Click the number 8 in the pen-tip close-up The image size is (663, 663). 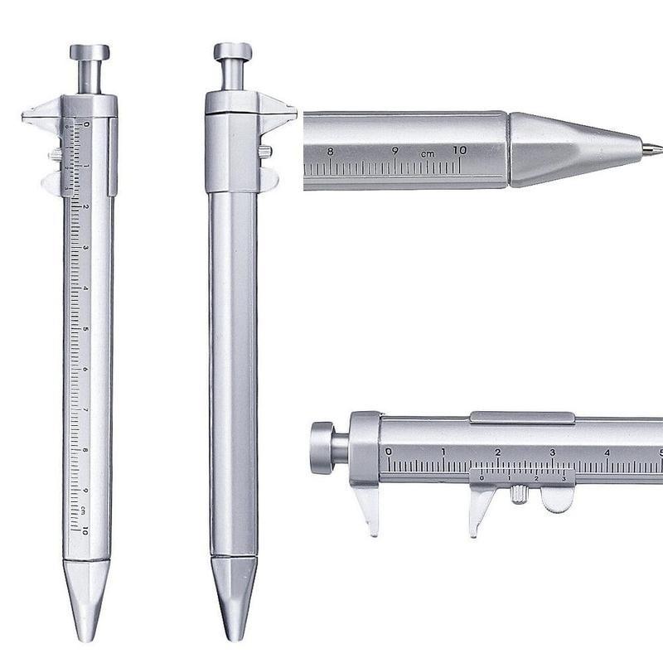click(331, 151)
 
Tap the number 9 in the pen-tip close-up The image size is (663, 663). click(395, 151)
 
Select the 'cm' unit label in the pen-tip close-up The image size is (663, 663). click(427, 153)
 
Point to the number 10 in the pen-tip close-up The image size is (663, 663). click(460, 150)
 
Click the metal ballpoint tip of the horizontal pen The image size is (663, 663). click(652, 150)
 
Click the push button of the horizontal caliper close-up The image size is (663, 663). click(322, 448)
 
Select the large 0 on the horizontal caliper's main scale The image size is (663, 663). click(389, 452)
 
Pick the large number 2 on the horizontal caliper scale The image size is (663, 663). click(497, 452)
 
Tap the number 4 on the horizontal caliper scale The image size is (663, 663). click(607, 452)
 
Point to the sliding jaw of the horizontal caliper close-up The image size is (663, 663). click(481, 507)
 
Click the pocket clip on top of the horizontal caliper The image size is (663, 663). click(522, 418)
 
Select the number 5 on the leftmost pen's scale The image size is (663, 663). click(86, 328)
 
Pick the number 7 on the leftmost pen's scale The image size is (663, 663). click(86, 409)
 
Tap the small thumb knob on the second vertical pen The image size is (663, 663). click(266, 152)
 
